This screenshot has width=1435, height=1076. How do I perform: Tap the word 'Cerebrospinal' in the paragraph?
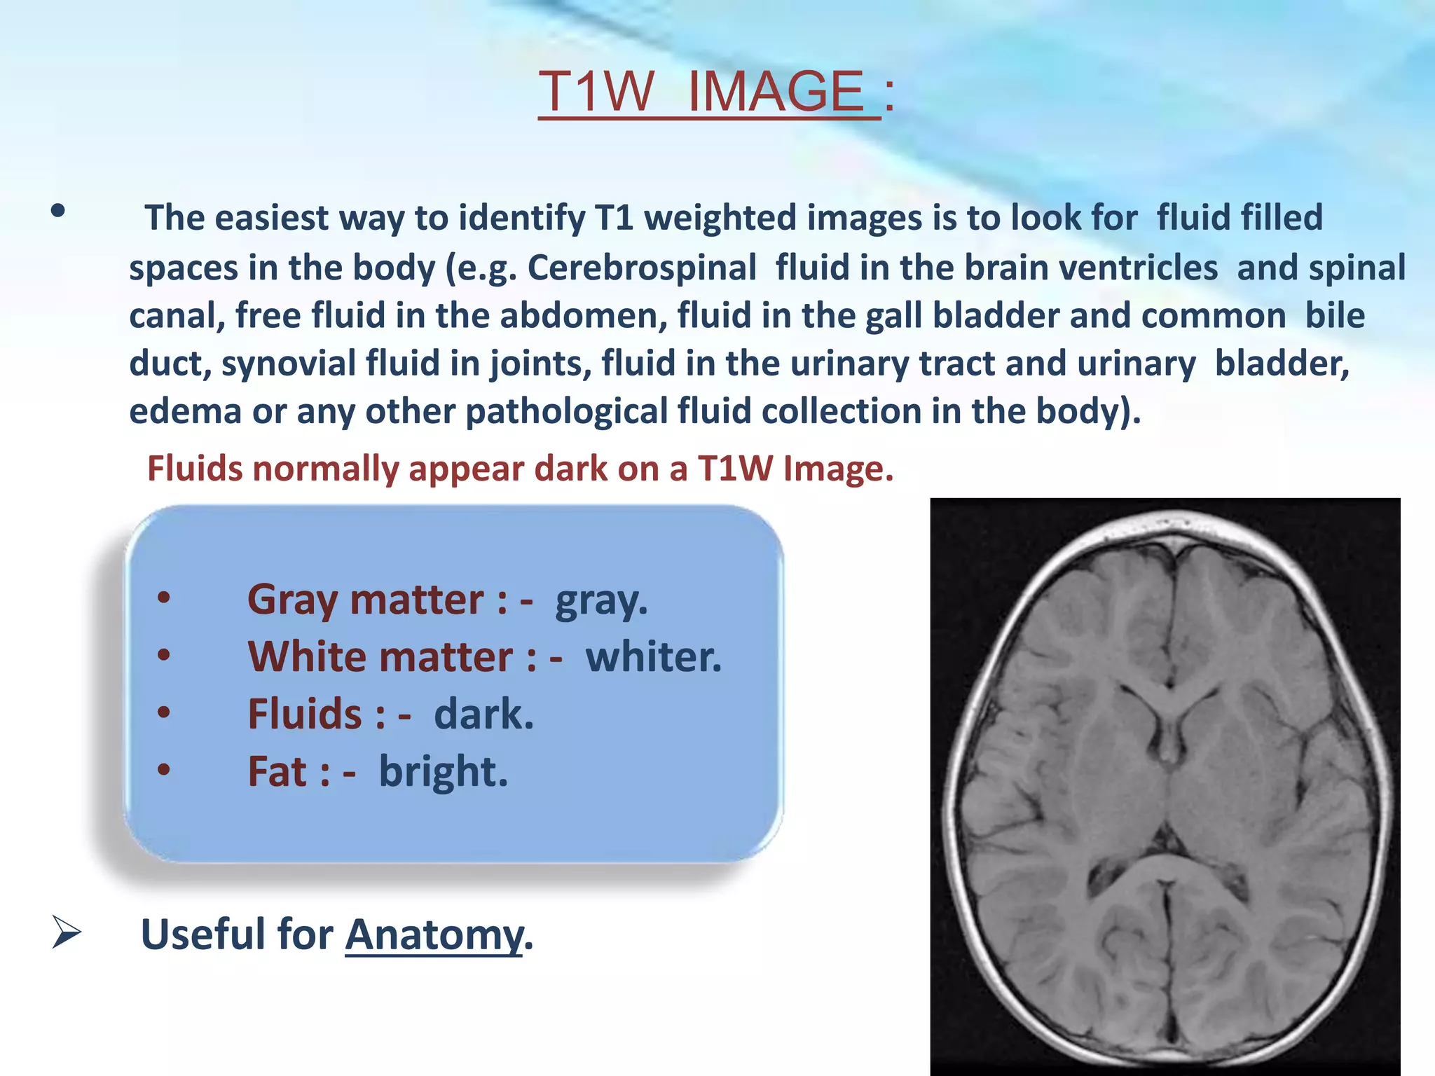pyautogui.click(x=642, y=268)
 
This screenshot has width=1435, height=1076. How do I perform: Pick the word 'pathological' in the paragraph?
pyautogui.click(x=567, y=411)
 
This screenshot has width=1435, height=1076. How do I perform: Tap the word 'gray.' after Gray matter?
pyautogui.click(x=601, y=600)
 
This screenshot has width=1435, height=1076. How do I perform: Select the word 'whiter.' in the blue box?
pyautogui.click(x=653, y=657)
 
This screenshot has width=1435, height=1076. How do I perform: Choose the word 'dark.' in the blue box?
pyautogui.click(x=483, y=715)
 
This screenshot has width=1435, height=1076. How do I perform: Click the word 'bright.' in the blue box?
pyautogui.click(x=443, y=772)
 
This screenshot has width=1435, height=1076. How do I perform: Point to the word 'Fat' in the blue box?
pyautogui.click(x=277, y=772)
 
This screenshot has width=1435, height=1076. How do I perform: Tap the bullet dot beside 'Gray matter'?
pyautogui.click(x=164, y=598)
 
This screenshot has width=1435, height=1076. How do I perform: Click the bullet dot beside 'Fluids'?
pyautogui.click(x=164, y=712)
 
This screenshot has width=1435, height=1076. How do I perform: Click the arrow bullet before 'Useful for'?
pyautogui.click(x=67, y=933)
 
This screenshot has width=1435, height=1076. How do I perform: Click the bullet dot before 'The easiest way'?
pyautogui.click(x=58, y=210)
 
